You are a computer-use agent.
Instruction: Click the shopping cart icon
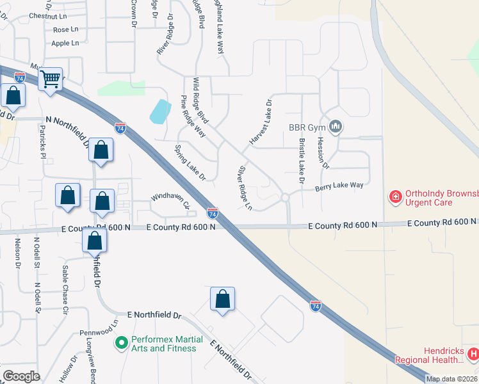(x=50, y=80)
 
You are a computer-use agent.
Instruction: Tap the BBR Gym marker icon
(x=335, y=127)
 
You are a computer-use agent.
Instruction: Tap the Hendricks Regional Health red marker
(x=473, y=353)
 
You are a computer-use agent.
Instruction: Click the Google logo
(x=21, y=376)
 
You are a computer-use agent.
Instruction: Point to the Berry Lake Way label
(x=339, y=186)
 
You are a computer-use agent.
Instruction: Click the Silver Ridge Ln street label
(x=245, y=188)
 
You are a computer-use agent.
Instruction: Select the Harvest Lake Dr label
(x=261, y=122)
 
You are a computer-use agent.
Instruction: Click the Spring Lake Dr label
(x=190, y=163)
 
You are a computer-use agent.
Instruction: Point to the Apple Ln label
(x=65, y=44)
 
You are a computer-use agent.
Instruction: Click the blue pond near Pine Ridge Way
(x=160, y=112)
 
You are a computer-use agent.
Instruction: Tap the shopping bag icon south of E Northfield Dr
(x=222, y=300)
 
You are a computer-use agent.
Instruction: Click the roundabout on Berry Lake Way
(x=286, y=198)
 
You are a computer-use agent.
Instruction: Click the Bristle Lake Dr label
(x=300, y=161)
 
